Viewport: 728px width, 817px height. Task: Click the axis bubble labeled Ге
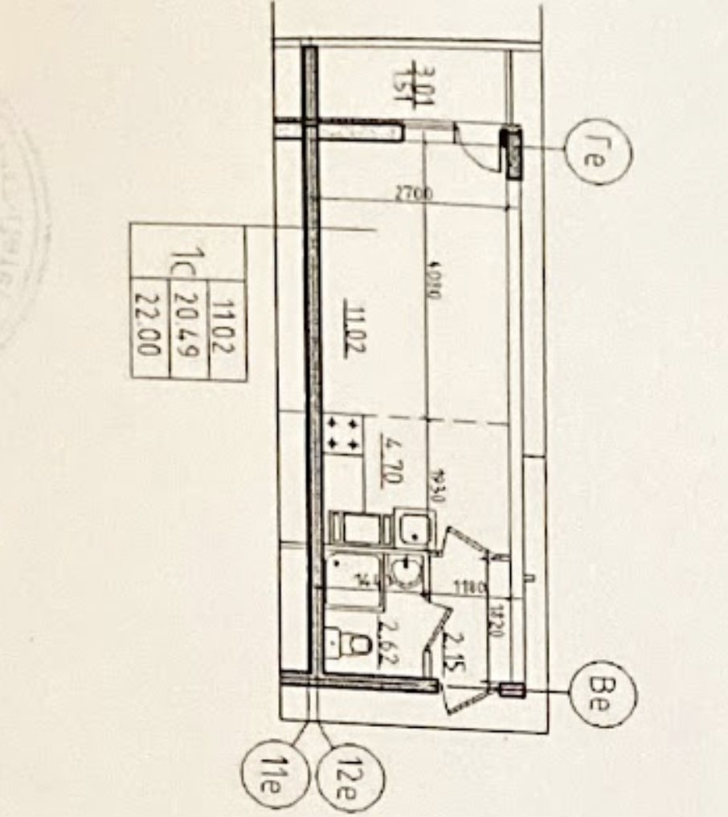598,151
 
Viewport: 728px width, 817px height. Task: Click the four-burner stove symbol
342,433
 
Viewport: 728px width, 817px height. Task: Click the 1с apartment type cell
190,261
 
